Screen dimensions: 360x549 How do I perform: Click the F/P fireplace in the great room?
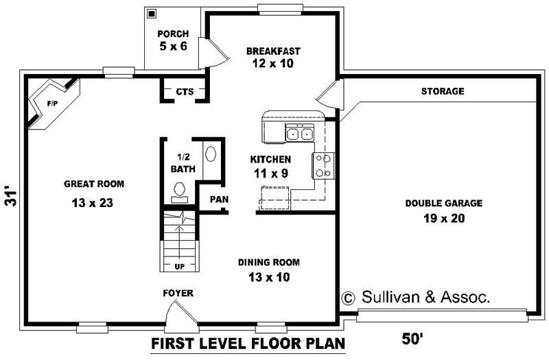coord(51,104)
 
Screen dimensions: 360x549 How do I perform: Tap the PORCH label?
coord(173,34)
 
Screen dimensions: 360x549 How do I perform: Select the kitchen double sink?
coord(299,134)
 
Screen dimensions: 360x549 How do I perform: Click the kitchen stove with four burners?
coord(323,165)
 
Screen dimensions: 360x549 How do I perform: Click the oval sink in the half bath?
coord(211,153)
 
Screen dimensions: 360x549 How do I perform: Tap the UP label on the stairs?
coord(180,266)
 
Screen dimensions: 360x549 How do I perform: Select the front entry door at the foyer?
coord(180,317)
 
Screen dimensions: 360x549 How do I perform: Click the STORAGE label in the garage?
coord(443,91)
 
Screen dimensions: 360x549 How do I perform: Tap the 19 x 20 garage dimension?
coord(443,219)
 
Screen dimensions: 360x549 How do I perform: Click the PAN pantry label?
coord(219,200)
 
